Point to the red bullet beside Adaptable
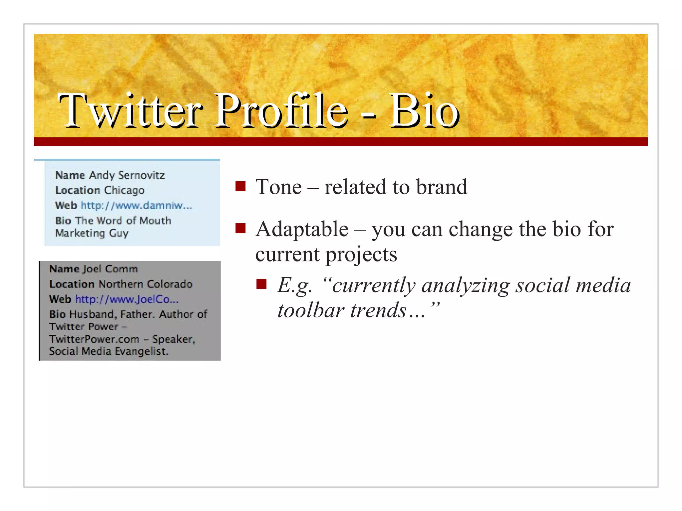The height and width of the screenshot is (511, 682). [240, 229]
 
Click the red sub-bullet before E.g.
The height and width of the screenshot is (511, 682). [261, 284]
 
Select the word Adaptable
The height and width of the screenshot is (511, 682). [302, 230]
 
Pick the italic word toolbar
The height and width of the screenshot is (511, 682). [311, 310]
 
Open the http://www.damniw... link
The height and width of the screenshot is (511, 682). [137, 206]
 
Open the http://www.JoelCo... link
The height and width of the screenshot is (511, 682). [127, 299]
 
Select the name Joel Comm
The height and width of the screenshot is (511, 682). [110, 268]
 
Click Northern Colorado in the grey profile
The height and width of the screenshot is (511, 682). [146, 284]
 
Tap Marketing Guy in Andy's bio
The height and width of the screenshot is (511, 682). [92, 233]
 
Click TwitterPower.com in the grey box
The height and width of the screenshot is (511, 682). [94, 339]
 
